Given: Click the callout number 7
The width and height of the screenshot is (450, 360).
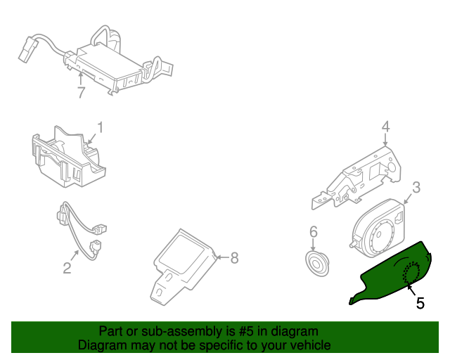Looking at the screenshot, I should [x=81, y=93].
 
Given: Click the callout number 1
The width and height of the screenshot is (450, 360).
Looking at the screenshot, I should [x=100, y=127].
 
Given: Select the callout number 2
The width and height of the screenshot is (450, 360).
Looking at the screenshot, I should [x=67, y=267].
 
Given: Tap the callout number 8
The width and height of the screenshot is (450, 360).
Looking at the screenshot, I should [x=234, y=258].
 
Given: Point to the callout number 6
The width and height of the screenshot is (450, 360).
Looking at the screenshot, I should [x=314, y=231].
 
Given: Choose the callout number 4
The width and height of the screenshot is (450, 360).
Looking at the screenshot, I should [x=385, y=127].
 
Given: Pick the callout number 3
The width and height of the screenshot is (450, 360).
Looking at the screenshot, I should [x=416, y=187].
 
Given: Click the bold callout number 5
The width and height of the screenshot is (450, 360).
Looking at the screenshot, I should [x=420, y=303].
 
